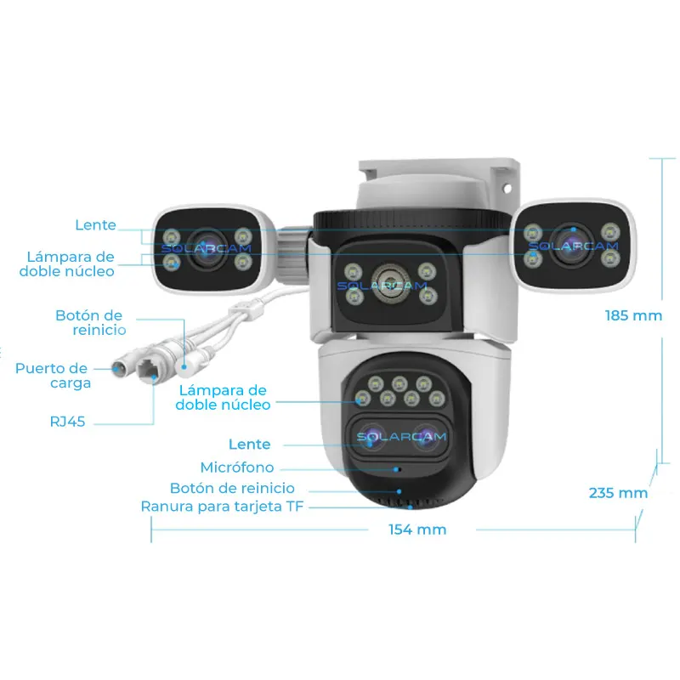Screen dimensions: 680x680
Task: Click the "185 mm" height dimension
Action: coord(633,315)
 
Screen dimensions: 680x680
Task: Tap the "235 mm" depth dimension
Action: coord(618,492)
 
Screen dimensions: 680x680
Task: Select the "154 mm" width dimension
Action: coord(417,530)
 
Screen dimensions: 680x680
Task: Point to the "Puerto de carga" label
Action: coord(53,376)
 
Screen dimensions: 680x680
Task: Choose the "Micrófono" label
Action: coord(237,467)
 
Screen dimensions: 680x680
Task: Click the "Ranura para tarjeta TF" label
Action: coord(222,507)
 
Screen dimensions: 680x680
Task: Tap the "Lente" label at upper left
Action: coord(95,225)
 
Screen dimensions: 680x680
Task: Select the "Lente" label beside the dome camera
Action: coord(250,444)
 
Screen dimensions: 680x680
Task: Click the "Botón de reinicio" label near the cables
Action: coord(90,322)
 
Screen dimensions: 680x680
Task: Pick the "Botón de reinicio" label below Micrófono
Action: coord(232,488)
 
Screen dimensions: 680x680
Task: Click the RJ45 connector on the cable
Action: coord(154,371)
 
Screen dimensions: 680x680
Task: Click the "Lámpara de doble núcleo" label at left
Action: coord(70,263)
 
